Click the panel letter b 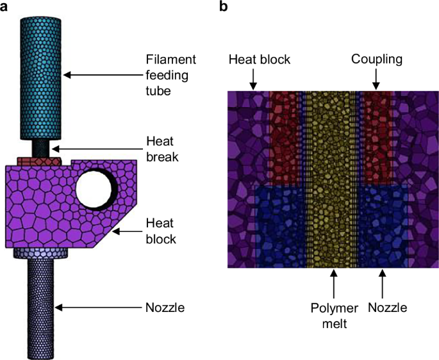click(x=224, y=7)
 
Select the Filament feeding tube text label click(x=170, y=75)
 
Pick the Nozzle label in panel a click(x=165, y=308)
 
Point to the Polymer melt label click(x=330, y=315)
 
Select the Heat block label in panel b click(x=260, y=59)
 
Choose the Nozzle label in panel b click(x=388, y=307)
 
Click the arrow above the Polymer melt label click(x=331, y=282)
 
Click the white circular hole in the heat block click(x=96, y=188)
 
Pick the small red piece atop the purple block click(x=38, y=160)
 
